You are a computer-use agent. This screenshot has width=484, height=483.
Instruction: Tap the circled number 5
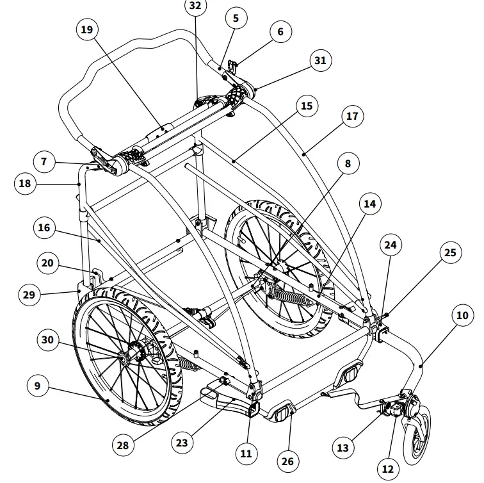[236, 19]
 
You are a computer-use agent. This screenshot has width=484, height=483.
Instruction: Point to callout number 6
[280, 31]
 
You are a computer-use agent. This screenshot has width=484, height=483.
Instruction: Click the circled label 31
[320, 61]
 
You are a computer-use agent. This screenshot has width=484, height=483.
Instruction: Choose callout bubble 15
[307, 105]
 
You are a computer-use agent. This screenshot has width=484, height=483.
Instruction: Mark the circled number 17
[351, 117]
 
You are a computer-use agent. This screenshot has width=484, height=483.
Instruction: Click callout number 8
[348, 164]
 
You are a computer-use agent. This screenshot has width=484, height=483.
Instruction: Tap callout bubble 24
[391, 244]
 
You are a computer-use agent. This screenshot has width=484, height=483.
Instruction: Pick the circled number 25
[451, 252]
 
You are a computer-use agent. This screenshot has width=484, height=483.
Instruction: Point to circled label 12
[387, 468]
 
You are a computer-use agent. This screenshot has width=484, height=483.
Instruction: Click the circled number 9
[38, 386]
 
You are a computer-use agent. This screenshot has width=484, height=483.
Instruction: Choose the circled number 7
[44, 162]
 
